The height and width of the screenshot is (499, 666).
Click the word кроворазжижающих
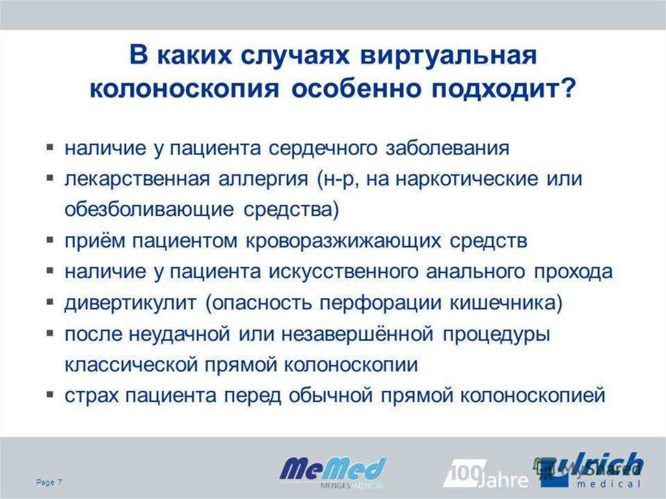345,241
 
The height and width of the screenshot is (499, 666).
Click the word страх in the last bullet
92,396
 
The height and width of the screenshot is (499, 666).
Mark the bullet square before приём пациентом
50,240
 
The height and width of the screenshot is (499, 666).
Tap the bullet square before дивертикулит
50,302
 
